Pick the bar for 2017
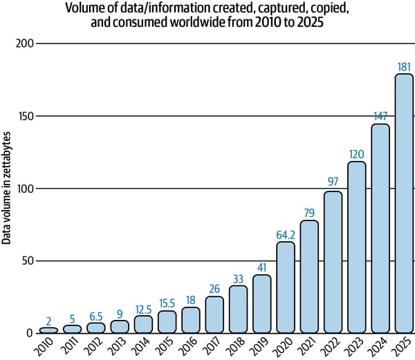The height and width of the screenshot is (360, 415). click(214, 314)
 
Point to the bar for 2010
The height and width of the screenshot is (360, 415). click(48, 330)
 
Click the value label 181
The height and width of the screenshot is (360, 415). click(404, 67)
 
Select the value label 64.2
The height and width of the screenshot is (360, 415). click(286, 235)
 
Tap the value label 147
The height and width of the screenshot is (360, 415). click(380, 117)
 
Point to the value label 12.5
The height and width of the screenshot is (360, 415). click(143, 309)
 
